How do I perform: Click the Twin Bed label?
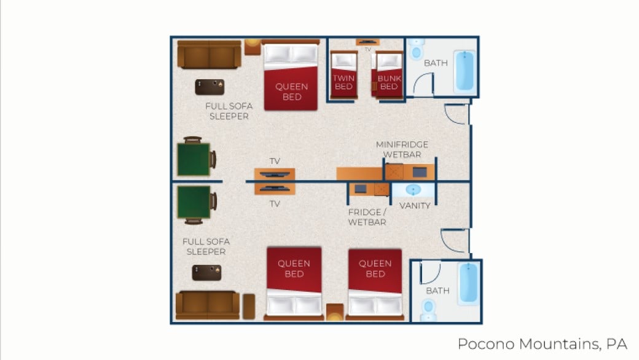click(343, 82)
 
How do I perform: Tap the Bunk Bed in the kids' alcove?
click(388, 75)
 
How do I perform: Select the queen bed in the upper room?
click(291, 76)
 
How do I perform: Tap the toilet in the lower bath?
click(428, 309)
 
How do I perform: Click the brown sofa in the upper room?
click(209, 55)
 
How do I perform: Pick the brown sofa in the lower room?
click(207, 305)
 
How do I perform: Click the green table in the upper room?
click(194, 159)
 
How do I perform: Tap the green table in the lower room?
click(194, 203)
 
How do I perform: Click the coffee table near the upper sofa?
click(210, 87)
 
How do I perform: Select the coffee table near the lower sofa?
click(206, 273)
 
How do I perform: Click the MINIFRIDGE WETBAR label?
click(402, 149)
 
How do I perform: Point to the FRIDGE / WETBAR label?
click(367, 217)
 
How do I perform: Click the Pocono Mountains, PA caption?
click(542, 343)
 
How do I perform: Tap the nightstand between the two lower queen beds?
click(335, 311)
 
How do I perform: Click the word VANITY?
click(415, 206)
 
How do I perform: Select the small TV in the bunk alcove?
click(368, 42)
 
